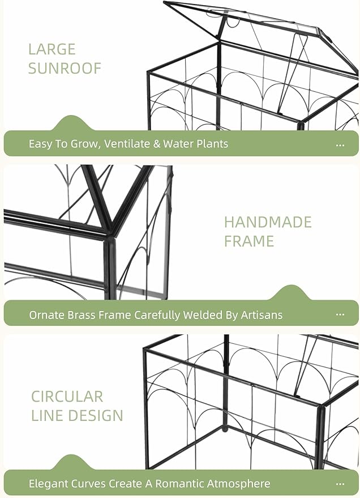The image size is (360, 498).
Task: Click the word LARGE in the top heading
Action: click(x=52, y=49)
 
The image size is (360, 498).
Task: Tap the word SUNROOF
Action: click(x=65, y=69)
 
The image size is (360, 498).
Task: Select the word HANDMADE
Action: click(x=268, y=222)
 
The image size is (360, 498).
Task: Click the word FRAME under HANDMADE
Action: click(x=248, y=241)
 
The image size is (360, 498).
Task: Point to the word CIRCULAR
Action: click(x=67, y=396)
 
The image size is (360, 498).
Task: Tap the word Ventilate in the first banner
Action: click(x=126, y=144)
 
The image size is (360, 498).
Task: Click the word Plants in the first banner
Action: click(x=211, y=144)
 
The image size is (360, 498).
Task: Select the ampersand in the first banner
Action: click(x=156, y=144)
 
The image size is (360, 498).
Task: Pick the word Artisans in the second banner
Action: click(x=262, y=314)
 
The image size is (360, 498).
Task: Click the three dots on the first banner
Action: click(x=340, y=145)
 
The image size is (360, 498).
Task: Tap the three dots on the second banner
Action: click(x=340, y=315)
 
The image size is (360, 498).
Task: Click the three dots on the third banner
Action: click(x=340, y=484)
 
